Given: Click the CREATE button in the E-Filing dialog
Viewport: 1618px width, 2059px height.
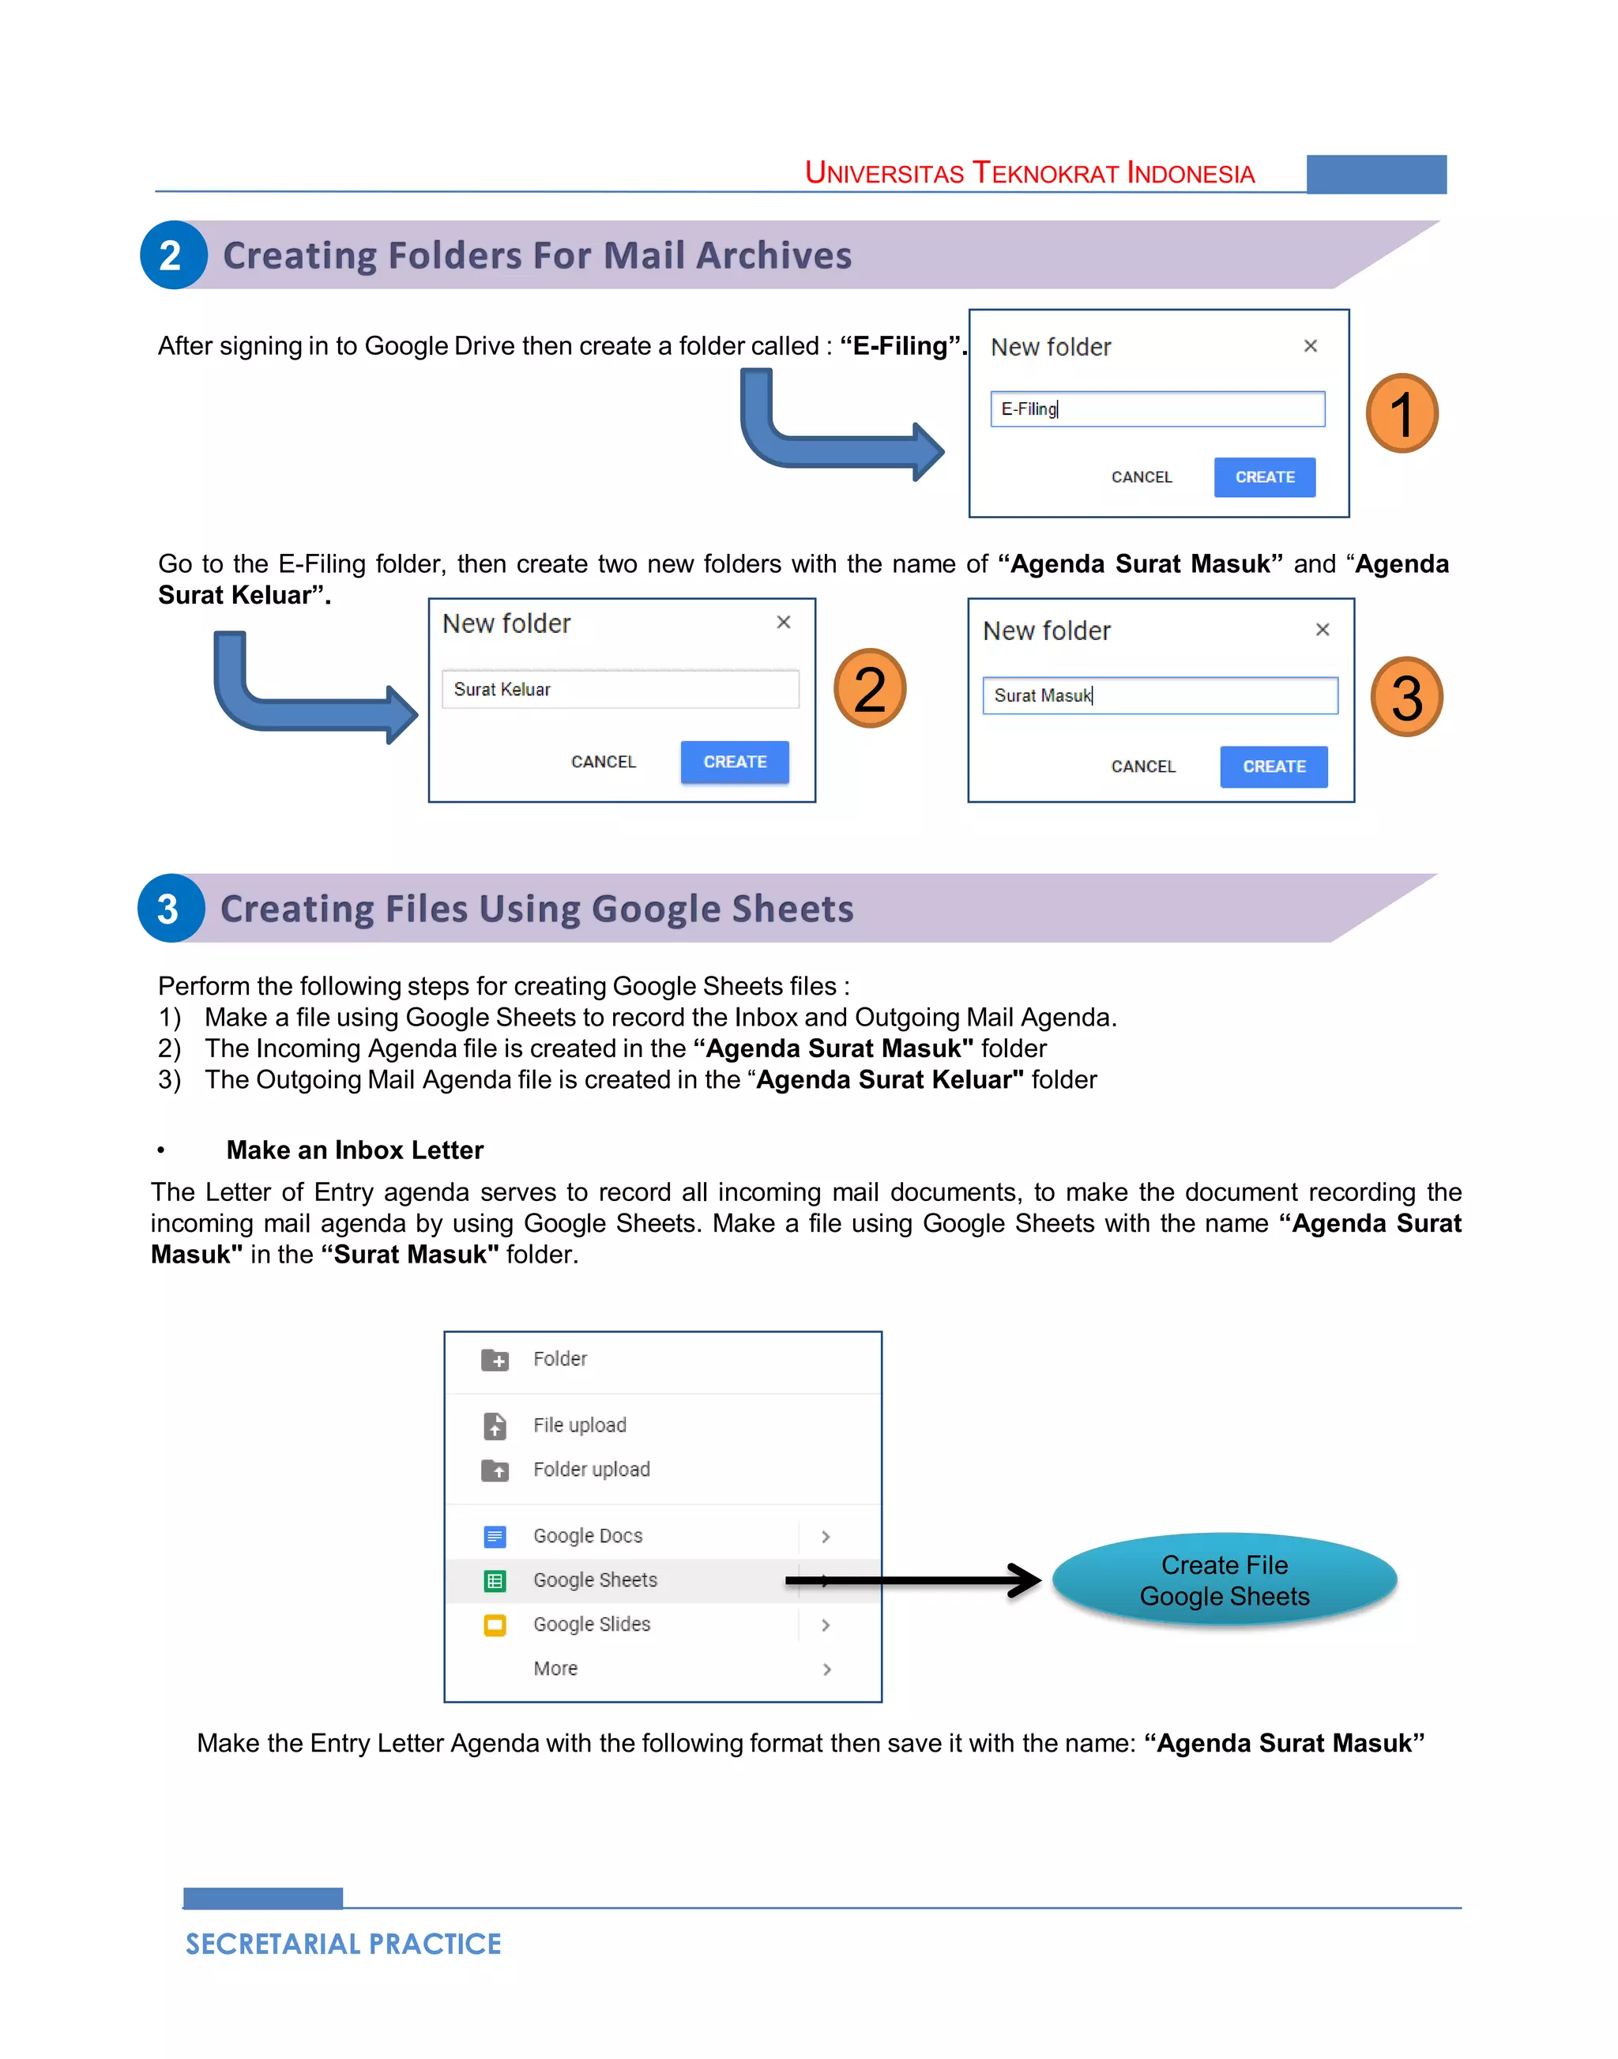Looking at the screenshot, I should (1264, 476).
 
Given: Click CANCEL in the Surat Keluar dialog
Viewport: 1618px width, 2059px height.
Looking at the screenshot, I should (603, 762).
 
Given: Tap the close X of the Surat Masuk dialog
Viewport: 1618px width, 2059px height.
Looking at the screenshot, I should (1323, 629).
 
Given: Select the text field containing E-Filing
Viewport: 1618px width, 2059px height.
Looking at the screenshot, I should (1157, 409).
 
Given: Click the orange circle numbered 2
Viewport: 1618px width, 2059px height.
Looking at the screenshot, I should (869, 689).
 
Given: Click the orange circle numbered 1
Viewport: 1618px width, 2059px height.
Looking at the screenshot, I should (1401, 414).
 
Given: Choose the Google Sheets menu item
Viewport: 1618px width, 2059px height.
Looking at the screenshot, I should (595, 1579).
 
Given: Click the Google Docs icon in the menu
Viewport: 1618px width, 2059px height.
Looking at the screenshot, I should (495, 1536).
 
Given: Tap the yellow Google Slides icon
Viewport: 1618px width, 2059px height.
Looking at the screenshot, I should (495, 1625).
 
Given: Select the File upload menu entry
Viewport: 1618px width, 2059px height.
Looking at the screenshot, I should (579, 1425).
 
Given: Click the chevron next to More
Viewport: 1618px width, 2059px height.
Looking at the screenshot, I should (826, 1669).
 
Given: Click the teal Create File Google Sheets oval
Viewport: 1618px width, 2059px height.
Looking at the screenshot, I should (1224, 1580).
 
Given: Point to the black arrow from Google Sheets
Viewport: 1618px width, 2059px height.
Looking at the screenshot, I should (914, 1579).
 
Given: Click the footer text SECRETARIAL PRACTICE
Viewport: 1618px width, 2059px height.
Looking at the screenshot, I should (343, 1944).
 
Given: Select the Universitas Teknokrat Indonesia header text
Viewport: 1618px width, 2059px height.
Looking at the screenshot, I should (1029, 173).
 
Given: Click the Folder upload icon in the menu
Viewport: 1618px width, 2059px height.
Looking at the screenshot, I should (495, 1470).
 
